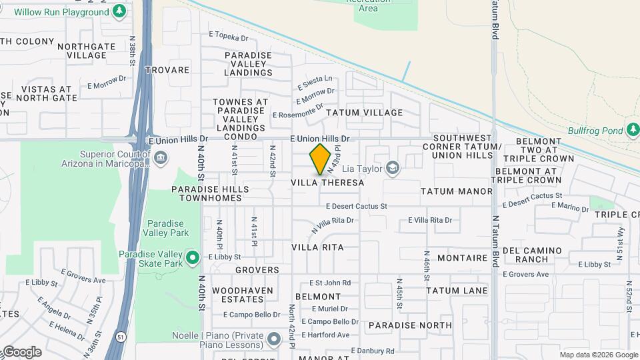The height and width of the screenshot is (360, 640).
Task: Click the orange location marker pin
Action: pyautogui.click(x=321, y=159)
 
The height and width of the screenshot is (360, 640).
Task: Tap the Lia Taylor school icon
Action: pyautogui.click(x=393, y=168)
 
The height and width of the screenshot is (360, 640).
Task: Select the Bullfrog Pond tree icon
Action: pyautogui.click(x=633, y=130)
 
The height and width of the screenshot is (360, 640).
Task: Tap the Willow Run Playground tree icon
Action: pyautogui.click(x=119, y=11)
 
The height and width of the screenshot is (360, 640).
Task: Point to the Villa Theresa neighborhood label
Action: pyautogui.click(x=328, y=183)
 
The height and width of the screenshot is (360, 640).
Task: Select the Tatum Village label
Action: pyautogui.click(x=364, y=113)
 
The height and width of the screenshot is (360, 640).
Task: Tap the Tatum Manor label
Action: pyautogui.click(x=457, y=191)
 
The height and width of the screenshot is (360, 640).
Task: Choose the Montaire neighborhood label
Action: pyautogui.click(x=463, y=257)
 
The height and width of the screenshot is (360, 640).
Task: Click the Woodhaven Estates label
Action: pyautogui.click(x=242, y=295)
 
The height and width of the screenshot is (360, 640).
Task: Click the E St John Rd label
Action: pyautogui.click(x=329, y=283)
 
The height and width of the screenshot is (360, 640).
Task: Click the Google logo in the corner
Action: pyautogui.click(x=22, y=352)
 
